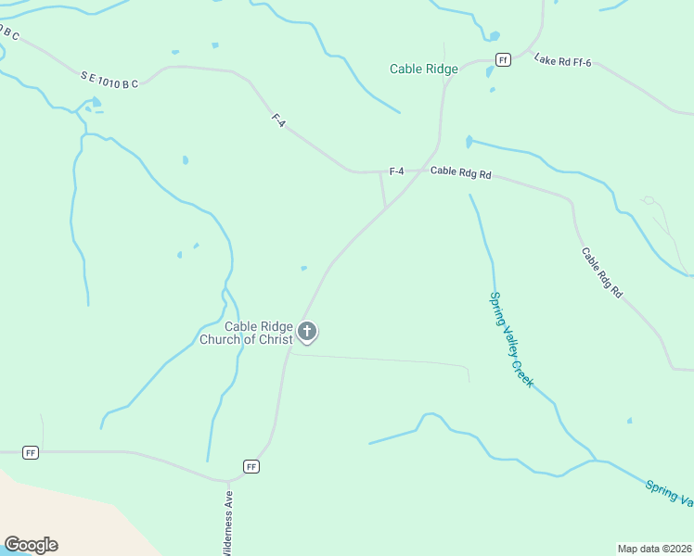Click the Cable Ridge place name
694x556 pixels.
(x=423, y=69)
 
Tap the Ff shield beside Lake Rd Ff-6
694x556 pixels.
(x=503, y=60)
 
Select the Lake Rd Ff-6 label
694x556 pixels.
(x=562, y=60)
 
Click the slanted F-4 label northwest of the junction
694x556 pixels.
(x=277, y=120)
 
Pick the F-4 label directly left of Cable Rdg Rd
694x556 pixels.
(x=396, y=171)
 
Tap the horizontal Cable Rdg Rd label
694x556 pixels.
(x=460, y=171)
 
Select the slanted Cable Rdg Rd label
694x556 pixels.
(x=602, y=272)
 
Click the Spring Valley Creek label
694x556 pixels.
(x=511, y=339)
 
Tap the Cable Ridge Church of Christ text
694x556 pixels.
(x=247, y=333)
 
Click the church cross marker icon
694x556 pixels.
(x=307, y=331)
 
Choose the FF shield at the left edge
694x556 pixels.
(x=31, y=452)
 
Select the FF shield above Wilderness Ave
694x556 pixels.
(x=251, y=466)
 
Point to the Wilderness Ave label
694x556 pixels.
(x=226, y=524)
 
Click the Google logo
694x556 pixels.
(x=31, y=545)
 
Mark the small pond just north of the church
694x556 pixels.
(x=303, y=269)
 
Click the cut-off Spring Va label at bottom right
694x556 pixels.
(x=669, y=493)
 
